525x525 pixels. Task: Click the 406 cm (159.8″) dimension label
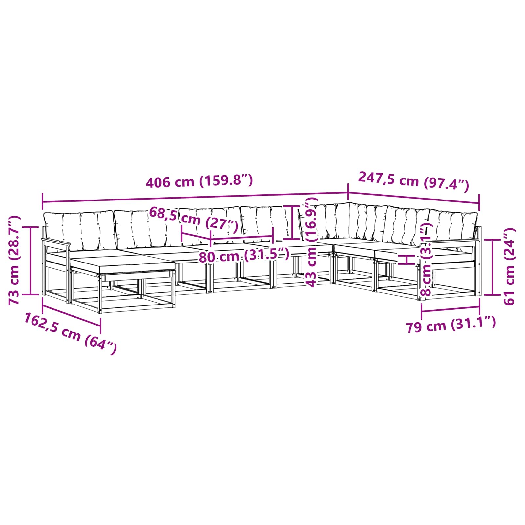[x=199, y=181]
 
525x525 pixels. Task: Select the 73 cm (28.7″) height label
[x=14, y=260]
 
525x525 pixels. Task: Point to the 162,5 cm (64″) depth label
[x=70, y=333]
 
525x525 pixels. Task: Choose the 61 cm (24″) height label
[x=509, y=266]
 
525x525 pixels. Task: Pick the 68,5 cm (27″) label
[x=194, y=219]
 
